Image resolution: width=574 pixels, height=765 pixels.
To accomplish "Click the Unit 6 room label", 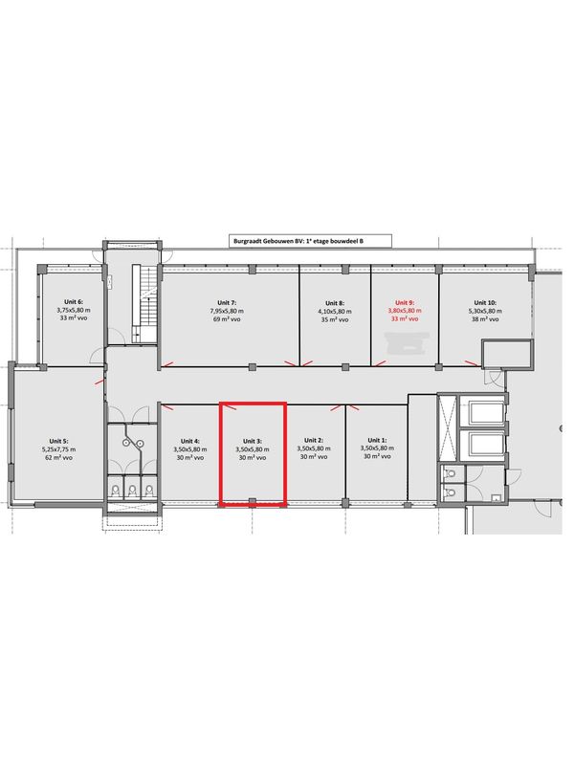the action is click(x=74, y=302).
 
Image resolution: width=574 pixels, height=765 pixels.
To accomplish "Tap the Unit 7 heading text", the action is click(x=227, y=303).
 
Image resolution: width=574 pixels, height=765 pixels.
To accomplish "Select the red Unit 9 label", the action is click(x=405, y=302).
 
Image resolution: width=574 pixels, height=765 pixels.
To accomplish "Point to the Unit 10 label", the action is click(x=485, y=302).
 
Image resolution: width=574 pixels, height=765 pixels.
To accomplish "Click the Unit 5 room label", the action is click(x=58, y=441).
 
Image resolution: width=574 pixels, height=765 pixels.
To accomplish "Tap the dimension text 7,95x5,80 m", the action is click(x=227, y=311).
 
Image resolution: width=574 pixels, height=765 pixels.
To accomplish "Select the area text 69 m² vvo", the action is click(x=227, y=319).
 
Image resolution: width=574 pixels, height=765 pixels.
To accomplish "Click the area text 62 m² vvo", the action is click(x=58, y=458).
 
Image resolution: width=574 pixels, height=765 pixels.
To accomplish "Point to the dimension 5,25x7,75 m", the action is click(x=58, y=449).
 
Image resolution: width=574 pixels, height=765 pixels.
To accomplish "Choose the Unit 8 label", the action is click(x=335, y=303).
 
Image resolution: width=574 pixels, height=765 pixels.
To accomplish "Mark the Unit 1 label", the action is click(x=377, y=440).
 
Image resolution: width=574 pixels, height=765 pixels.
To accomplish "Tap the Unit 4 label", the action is click(x=189, y=441).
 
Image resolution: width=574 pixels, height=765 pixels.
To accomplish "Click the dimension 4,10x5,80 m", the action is click(x=335, y=312).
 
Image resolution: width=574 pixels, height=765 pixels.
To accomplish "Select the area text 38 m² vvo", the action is click(x=485, y=319).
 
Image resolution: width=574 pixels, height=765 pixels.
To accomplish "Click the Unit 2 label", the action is click(x=314, y=440).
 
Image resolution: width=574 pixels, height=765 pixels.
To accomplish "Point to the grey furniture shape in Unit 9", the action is click(x=407, y=343).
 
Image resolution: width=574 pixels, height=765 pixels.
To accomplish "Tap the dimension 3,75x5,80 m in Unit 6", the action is click(x=74, y=310).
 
